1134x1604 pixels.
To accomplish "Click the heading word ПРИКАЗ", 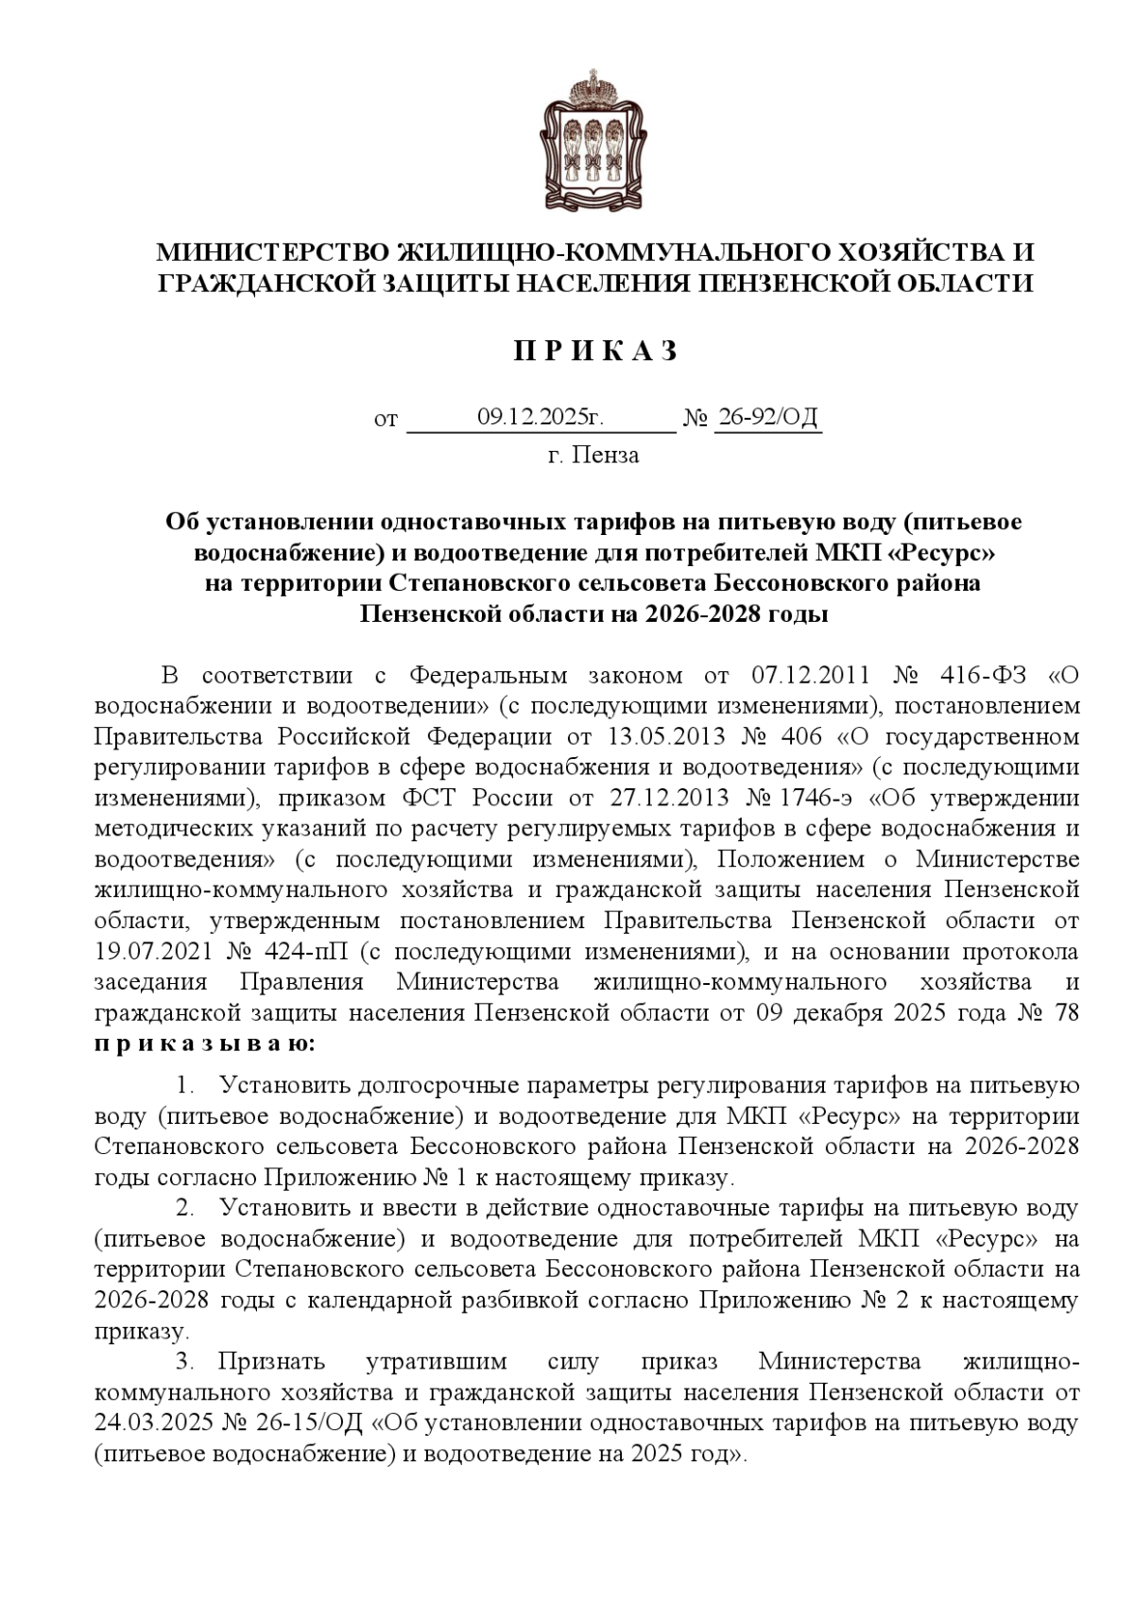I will [x=596, y=352].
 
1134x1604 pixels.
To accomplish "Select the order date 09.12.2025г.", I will [x=540, y=417].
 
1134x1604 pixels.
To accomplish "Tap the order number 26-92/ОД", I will [x=767, y=417].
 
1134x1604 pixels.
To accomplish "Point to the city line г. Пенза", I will [x=593, y=456].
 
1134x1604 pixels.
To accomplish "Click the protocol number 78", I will [x=1065, y=1012].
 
